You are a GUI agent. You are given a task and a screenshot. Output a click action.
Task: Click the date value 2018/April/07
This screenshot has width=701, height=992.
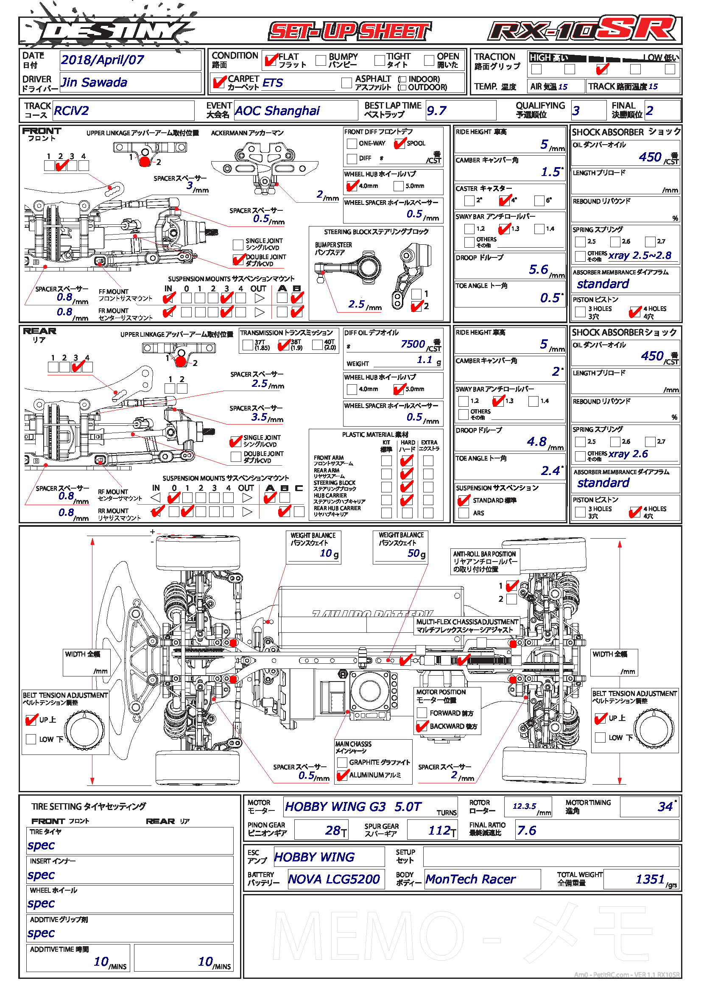pos(102,60)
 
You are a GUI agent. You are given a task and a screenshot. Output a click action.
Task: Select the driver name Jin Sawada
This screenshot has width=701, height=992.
pos(94,83)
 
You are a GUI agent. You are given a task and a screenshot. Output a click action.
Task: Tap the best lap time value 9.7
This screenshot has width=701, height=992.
pos(437,111)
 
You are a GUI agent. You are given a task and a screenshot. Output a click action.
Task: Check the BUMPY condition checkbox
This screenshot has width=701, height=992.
pos(321,61)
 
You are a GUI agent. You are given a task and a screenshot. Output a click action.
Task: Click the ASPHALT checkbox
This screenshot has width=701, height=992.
pos(346,83)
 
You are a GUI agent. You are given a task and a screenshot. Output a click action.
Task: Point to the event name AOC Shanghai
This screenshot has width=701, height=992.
pos(277,111)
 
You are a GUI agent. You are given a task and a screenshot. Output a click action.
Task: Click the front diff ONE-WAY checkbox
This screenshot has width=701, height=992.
pos(352,143)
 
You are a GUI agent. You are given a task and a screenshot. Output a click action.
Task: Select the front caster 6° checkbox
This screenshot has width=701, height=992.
pos(539,201)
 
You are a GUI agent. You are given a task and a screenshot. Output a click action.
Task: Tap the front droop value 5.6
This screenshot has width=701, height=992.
pos(538,270)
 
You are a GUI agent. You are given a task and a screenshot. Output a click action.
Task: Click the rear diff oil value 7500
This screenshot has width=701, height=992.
pos(413,344)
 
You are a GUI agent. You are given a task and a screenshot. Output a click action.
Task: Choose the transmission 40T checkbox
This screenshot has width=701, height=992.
pos(318,344)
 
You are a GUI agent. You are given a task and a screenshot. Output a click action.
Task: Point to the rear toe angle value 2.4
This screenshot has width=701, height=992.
pos(550,470)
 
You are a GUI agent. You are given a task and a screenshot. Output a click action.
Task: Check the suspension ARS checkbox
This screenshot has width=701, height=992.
pos(464,513)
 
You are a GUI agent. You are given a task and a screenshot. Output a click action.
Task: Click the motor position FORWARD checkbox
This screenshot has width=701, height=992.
pos(422,713)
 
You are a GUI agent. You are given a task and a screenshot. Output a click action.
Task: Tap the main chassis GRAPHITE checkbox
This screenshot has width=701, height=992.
pos(342,762)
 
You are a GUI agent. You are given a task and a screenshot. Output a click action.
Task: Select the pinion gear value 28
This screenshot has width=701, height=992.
pos(333,830)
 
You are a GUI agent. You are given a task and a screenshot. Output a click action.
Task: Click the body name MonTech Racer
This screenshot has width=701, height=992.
pos(470,880)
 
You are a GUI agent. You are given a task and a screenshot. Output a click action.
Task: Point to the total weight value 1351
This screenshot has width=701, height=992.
pos(650,880)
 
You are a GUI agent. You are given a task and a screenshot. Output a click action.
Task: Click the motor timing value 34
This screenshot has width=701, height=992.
pos(665,807)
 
